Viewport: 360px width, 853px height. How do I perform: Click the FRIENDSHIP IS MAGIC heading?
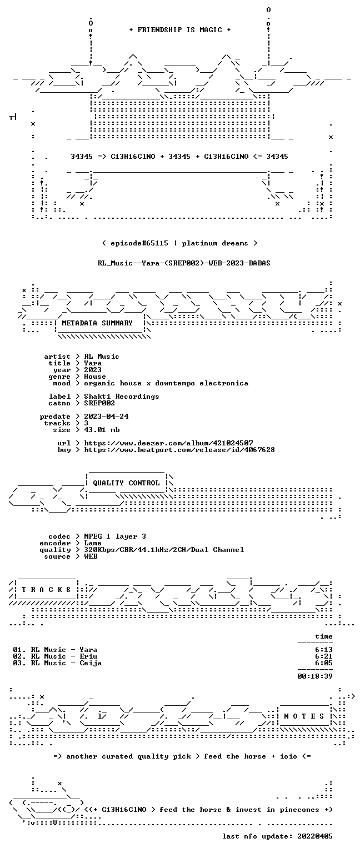(x=180, y=29)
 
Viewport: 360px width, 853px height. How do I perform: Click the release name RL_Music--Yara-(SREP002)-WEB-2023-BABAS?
(x=184, y=263)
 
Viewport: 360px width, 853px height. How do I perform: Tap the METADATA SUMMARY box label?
(x=97, y=323)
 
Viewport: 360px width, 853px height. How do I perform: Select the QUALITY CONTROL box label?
(x=126, y=483)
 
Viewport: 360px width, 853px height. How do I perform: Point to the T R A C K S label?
(x=46, y=589)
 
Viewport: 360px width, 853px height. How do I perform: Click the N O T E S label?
(x=304, y=716)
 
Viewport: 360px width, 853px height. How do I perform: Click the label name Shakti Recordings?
(x=122, y=397)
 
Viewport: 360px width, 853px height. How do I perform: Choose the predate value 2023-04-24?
(x=106, y=416)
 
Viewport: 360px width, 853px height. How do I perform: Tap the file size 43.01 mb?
(x=102, y=429)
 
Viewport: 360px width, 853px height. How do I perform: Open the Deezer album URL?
(x=168, y=443)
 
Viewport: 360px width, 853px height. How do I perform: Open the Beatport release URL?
(x=179, y=450)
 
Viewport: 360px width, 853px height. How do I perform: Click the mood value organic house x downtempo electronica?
(x=166, y=383)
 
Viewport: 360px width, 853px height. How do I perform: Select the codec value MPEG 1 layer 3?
(x=115, y=536)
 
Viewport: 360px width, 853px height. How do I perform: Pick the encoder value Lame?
(x=93, y=543)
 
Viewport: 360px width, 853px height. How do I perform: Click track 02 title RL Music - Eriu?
(x=64, y=656)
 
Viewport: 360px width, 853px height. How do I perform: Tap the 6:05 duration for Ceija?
(x=324, y=663)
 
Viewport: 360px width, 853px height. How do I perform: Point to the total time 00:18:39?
(x=315, y=676)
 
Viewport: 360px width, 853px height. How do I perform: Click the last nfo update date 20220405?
(x=315, y=836)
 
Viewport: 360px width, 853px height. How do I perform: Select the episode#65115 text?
(x=139, y=243)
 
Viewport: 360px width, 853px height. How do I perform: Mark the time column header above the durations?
(x=324, y=636)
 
